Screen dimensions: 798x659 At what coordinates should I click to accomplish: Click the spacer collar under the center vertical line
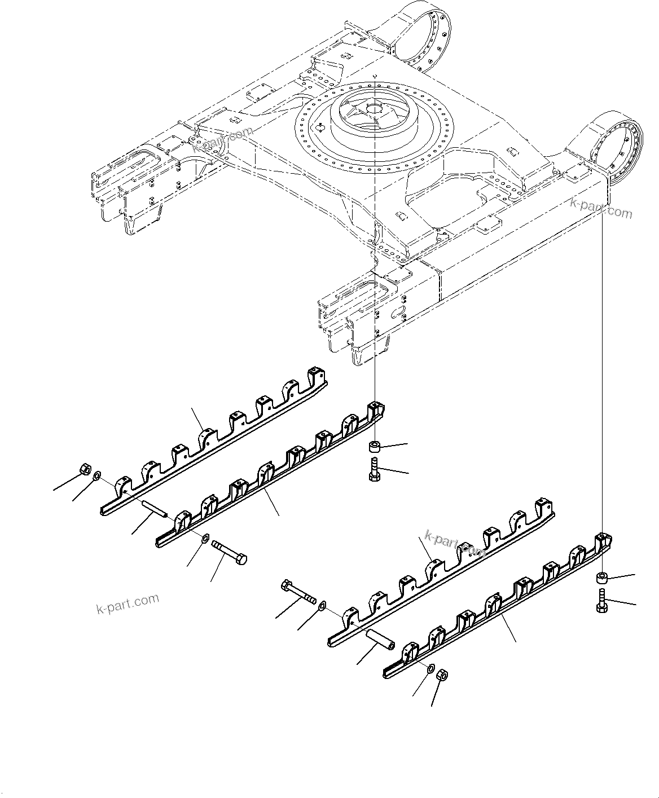[x=374, y=447]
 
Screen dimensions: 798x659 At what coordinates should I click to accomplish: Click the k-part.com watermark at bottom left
[x=128, y=604]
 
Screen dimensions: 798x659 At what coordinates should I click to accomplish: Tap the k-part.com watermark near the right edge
[x=601, y=208]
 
